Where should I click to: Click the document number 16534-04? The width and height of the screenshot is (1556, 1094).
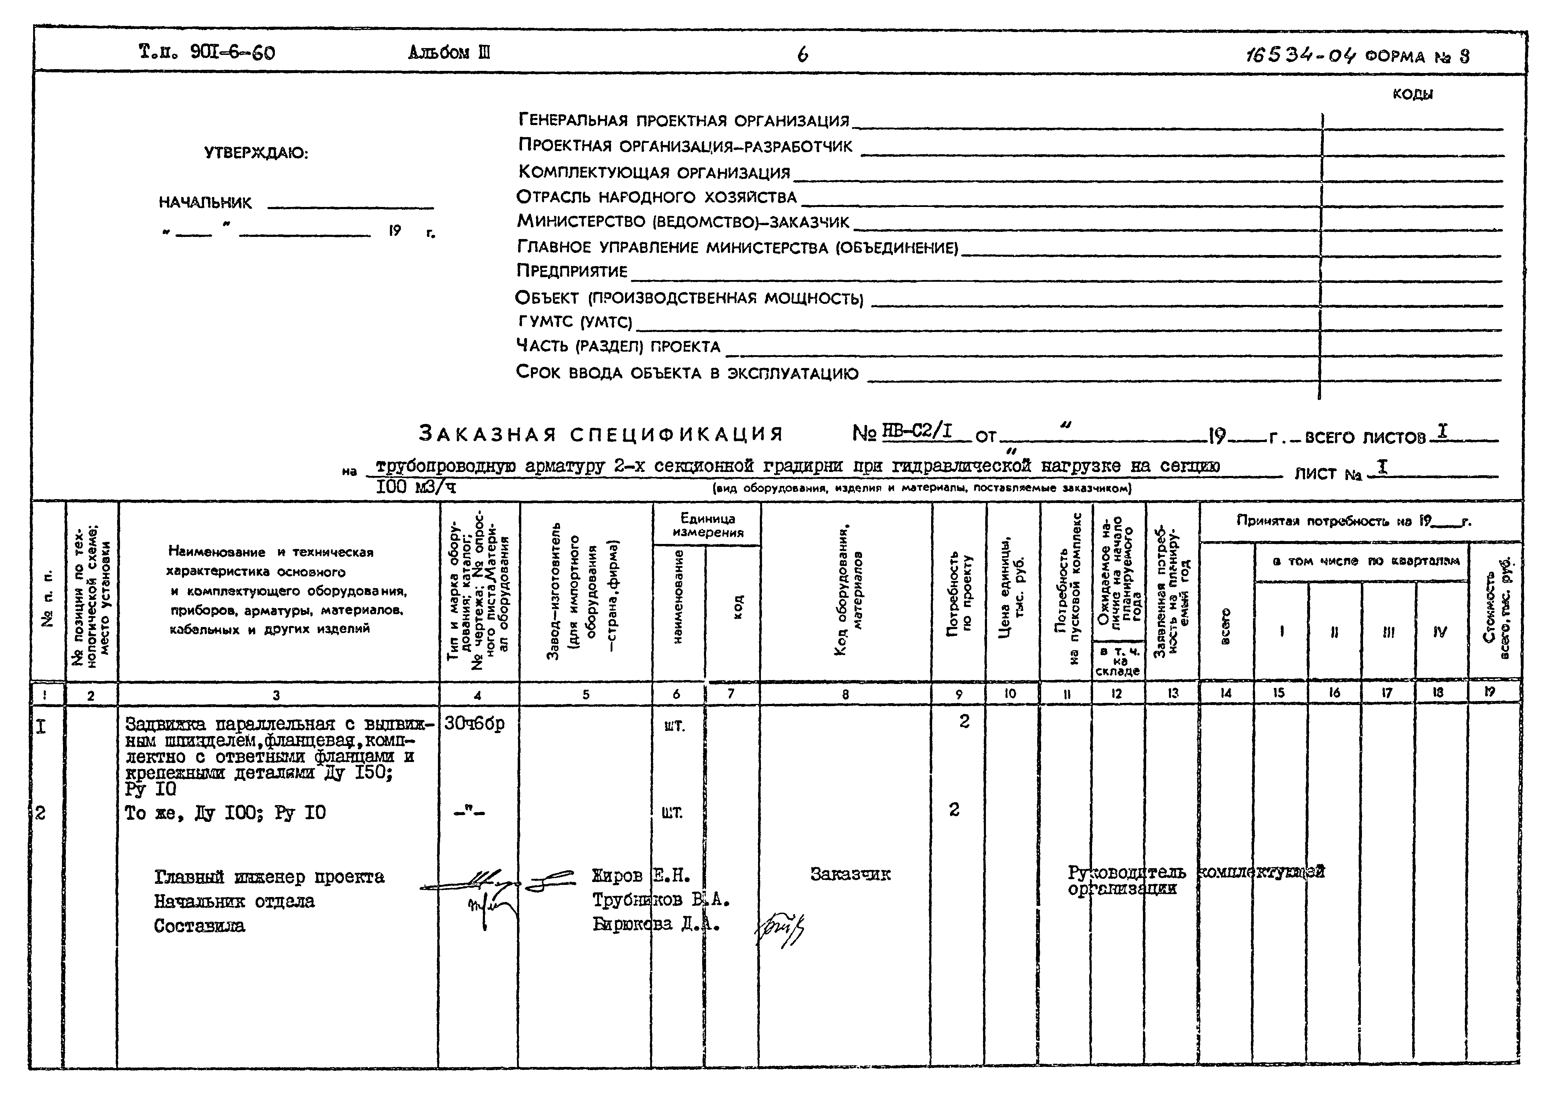1300,56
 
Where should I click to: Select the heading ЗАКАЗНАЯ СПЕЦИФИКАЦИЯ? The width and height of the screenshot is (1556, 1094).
600,434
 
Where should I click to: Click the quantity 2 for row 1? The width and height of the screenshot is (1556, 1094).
964,722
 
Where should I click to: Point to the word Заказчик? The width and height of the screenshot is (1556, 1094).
850,875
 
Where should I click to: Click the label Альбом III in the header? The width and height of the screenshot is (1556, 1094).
449,53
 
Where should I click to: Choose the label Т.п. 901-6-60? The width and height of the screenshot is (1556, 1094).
207,52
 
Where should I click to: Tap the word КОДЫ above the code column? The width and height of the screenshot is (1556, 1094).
1412,94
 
